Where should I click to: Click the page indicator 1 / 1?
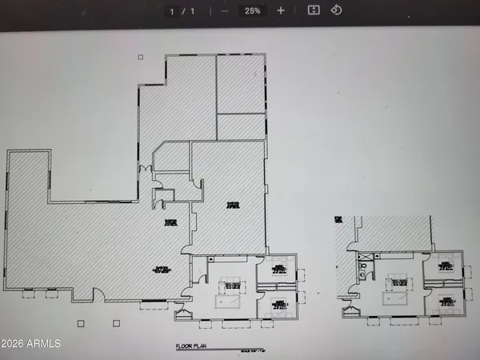click(182, 11)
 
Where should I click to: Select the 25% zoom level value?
click(253, 11)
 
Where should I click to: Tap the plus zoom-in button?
click(280, 10)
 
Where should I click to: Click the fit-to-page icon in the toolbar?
click(314, 10)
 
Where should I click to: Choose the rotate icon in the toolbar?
click(336, 10)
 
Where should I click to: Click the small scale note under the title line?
click(251, 351)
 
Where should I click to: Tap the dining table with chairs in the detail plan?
click(398, 282)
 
